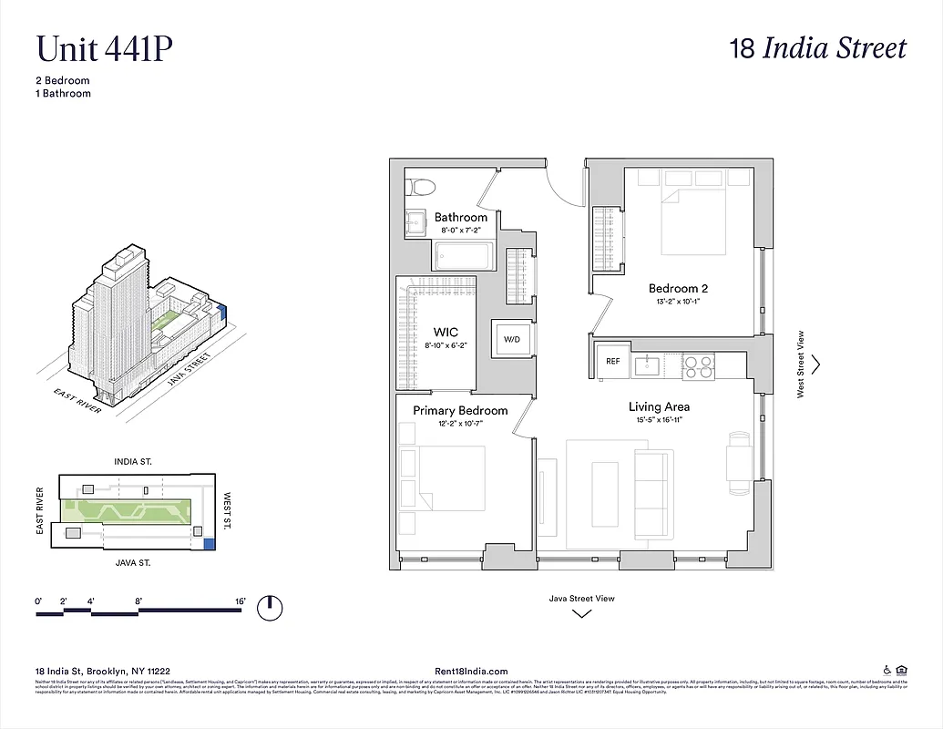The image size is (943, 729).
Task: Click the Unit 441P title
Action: [104, 49]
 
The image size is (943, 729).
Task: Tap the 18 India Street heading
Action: [818, 48]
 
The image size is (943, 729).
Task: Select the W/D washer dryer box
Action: [512, 339]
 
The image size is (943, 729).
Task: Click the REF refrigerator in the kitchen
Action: [613, 362]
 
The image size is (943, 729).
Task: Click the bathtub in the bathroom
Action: [464, 258]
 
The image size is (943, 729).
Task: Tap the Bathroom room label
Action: [460, 217]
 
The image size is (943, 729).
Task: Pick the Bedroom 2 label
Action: [678, 289]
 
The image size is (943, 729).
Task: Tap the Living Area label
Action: [659, 406]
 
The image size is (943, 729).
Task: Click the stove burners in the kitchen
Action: [698, 366]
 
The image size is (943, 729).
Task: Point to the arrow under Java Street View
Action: [581, 613]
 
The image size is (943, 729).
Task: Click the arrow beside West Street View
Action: [815, 364]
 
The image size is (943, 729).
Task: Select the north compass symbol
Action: [269, 607]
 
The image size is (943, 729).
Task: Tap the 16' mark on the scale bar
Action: [241, 601]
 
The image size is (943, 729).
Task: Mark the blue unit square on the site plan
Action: [209, 544]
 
